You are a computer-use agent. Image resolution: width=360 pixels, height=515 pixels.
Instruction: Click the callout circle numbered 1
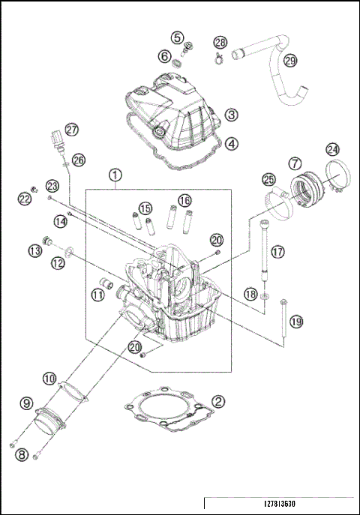[x=115, y=175]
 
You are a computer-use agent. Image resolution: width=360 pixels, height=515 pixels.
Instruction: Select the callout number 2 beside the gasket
[x=217, y=401]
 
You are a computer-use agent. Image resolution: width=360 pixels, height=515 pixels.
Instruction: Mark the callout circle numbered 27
[x=70, y=130]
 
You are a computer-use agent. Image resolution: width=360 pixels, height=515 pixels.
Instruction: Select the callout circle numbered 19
[x=296, y=321]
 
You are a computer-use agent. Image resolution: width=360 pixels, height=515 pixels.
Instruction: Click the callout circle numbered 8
[x=22, y=455]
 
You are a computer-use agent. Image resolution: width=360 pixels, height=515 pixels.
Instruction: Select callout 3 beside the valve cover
[x=232, y=115]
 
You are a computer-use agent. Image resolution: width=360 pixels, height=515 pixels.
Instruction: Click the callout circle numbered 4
[x=232, y=142]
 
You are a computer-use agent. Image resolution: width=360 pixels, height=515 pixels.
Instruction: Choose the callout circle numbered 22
[x=25, y=199]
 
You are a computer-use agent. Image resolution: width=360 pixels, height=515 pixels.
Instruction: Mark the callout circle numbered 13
[x=34, y=250]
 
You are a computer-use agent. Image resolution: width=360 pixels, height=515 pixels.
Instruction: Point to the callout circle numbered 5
[x=176, y=37]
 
